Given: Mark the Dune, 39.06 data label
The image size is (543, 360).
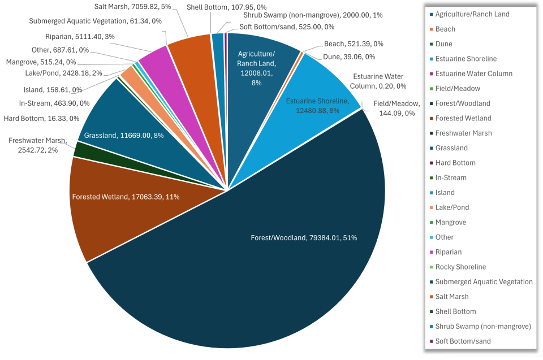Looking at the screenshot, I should pos(349,57).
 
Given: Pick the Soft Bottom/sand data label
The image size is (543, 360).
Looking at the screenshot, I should pos(286,27).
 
